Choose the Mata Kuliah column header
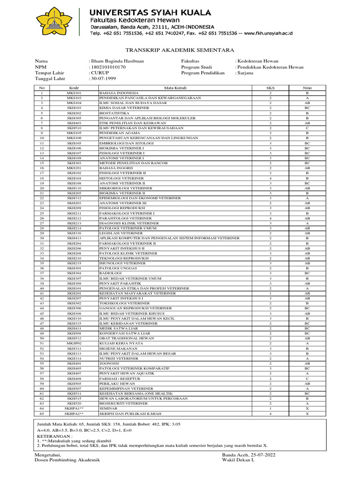coord(175,88)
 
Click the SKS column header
coord(270,88)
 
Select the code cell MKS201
coord(74,167)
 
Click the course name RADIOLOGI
coord(110,273)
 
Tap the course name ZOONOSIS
coord(109,363)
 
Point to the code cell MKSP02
coord(74,343)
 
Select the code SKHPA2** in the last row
coord(74,414)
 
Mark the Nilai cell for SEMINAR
coord(307,409)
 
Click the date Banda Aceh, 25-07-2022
coord(249,455)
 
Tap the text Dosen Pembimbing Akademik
coord(67,460)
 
